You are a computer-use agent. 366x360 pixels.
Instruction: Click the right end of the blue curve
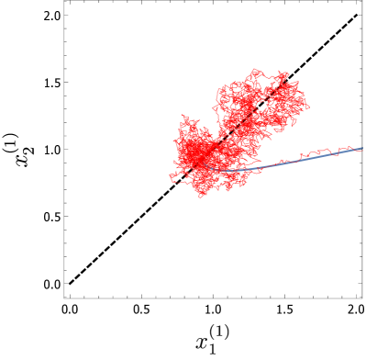pyautogui.click(x=362, y=148)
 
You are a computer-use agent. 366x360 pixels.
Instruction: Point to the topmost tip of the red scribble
pyautogui.click(x=256, y=69)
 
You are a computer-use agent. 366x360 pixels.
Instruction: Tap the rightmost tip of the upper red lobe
pyautogui.click(x=308, y=106)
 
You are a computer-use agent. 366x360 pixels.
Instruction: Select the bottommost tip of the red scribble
pyautogui.click(x=203, y=197)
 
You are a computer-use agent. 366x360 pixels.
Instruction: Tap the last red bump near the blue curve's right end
pyautogui.click(x=350, y=147)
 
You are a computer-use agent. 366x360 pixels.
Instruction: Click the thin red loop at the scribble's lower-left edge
pyautogui.click(x=176, y=176)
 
